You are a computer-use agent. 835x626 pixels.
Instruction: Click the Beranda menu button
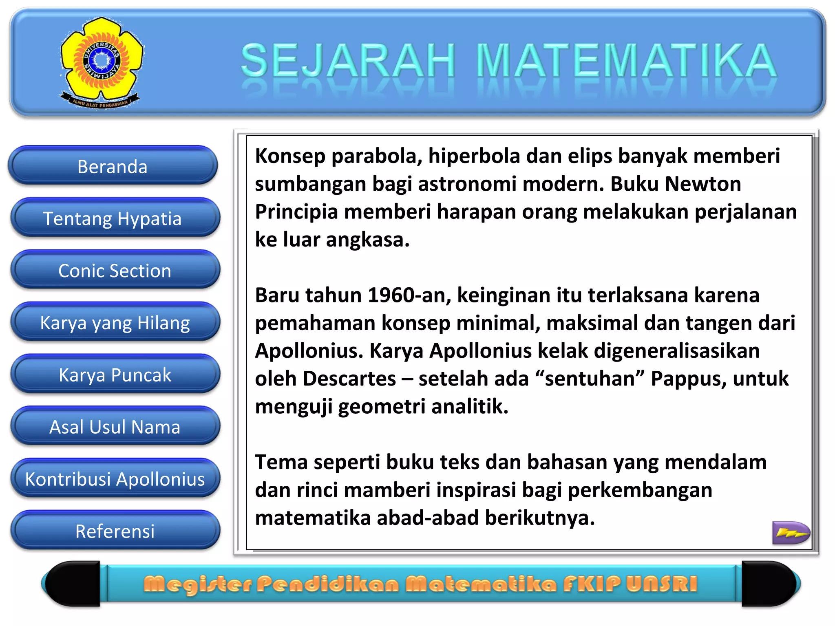click(x=113, y=166)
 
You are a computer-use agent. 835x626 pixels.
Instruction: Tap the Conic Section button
click(x=115, y=271)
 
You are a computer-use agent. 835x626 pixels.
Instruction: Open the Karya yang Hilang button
click(x=115, y=323)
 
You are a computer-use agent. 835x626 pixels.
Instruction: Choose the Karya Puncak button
click(x=115, y=375)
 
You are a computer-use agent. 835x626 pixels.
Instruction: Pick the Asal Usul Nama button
click(x=115, y=427)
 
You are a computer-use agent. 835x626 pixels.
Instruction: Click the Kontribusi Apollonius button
click(x=115, y=479)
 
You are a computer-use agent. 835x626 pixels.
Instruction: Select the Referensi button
click(x=115, y=531)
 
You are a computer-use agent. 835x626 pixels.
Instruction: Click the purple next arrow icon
click(x=791, y=532)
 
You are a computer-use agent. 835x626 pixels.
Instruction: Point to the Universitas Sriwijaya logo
click(x=102, y=62)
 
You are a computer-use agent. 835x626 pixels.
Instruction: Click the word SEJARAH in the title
click(x=348, y=61)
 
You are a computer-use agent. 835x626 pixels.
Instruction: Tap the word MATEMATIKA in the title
click(x=626, y=61)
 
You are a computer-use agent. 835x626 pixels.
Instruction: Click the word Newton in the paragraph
click(x=703, y=184)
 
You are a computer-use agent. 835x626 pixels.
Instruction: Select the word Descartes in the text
click(x=349, y=379)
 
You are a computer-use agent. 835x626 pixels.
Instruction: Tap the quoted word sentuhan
click(x=590, y=379)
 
